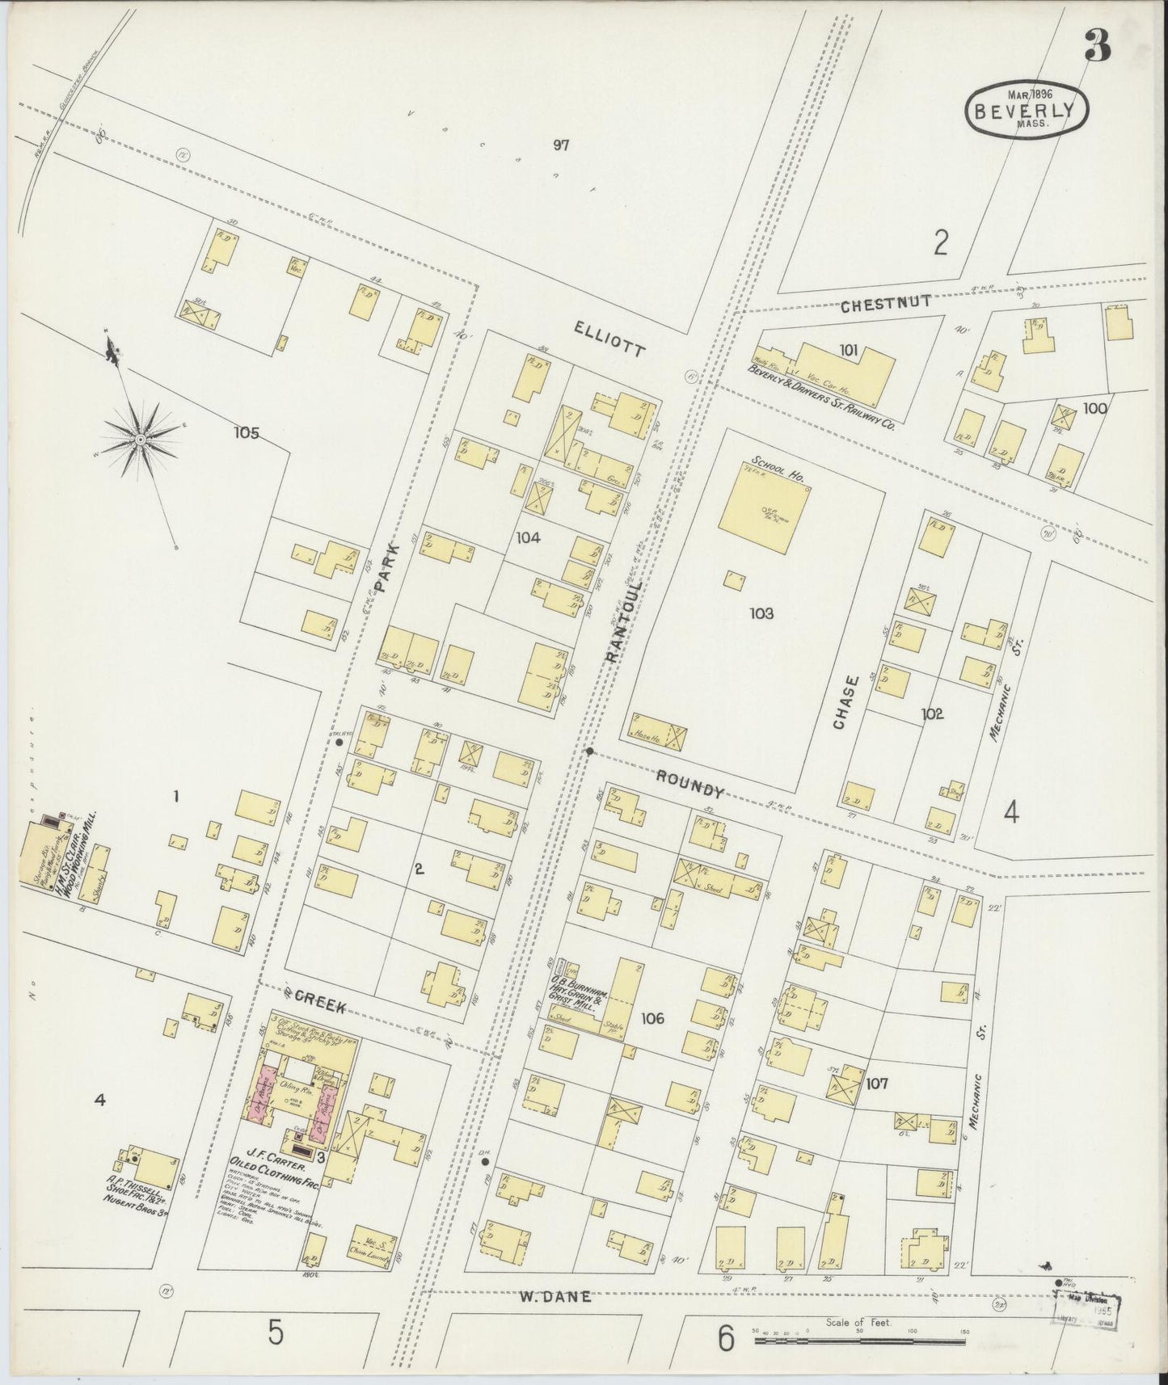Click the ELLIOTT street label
pos(609,338)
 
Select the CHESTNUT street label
pos(885,305)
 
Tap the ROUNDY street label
pos(688,784)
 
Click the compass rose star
pos(141,438)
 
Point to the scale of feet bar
pos(859,1341)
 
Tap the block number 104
pos(529,537)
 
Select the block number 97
pos(562,145)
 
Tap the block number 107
pos(876,1084)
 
